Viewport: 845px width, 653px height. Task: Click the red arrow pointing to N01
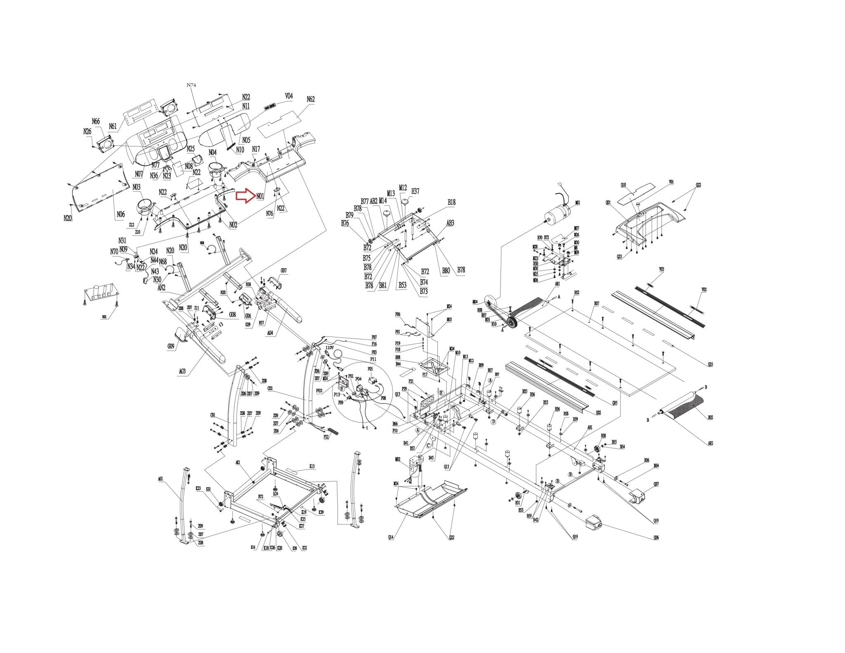pos(245,196)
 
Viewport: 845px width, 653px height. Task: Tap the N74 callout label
pos(191,85)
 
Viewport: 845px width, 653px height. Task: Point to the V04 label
pos(289,96)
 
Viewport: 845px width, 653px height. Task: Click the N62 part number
pos(311,99)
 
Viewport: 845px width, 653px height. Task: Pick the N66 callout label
pos(96,121)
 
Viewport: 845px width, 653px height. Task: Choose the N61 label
pos(113,126)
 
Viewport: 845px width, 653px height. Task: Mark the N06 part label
pos(120,215)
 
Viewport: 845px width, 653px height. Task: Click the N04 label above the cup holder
pos(212,153)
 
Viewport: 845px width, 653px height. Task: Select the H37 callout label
pos(415,191)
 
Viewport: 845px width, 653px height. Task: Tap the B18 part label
pos(452,202)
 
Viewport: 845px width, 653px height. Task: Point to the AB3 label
pos(450,223)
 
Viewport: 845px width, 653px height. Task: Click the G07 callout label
pos(283,271)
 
